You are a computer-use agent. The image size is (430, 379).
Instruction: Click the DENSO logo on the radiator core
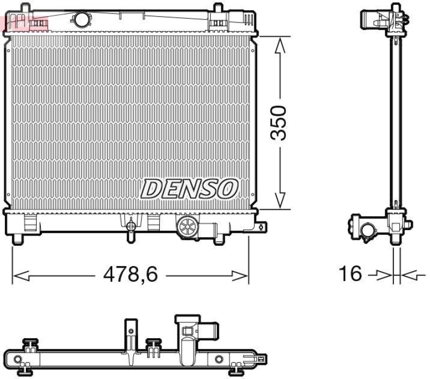coord(190,189)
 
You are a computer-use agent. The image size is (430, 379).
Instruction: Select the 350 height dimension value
coord(279,123)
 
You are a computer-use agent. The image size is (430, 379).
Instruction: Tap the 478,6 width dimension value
coord(131,275)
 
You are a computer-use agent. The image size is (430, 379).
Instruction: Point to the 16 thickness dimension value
coord(350,274)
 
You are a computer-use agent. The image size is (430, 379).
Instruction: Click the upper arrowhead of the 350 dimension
coord(279,44)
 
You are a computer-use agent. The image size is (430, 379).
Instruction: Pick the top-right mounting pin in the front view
coord(218,9)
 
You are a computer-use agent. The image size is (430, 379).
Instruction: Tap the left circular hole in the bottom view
coord(18,359)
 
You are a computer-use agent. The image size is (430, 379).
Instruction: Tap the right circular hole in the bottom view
coord(218,359)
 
